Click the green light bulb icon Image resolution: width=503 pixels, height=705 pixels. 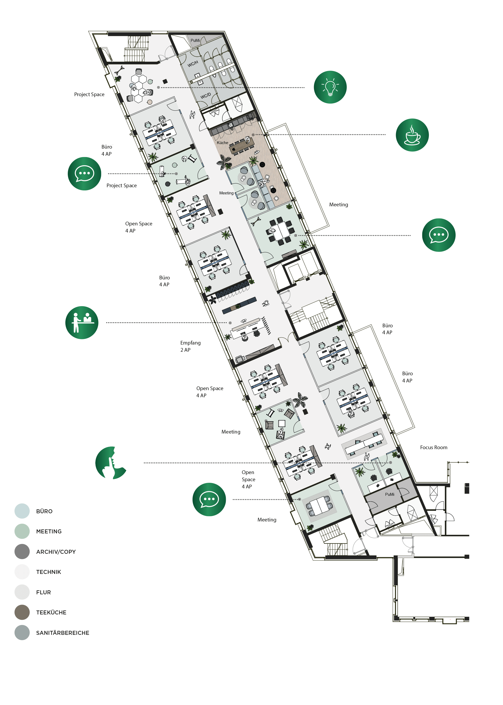(x=330, y=87)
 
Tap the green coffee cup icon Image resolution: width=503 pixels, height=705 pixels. (x=412, y=135)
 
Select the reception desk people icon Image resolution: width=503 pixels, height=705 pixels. (x=82, y=323)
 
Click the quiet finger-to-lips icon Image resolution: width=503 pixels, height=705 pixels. (x=111, y=462)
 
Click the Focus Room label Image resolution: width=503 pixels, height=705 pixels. (x=434, y=447)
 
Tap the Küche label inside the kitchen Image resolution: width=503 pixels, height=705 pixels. (x=222, y=143)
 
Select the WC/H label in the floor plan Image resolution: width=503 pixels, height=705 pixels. (x=193, y=64)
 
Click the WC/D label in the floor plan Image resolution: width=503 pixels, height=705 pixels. (x=205, y=96)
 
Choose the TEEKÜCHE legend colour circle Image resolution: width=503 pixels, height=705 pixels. (x=22, y=612)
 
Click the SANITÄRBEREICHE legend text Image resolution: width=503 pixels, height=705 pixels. (x=62, y=633)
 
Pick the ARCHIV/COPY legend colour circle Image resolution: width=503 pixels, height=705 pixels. (x=22, y=551)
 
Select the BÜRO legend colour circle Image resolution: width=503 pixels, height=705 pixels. (x=22, y=511)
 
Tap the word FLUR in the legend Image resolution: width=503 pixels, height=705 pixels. (x=43, y=592)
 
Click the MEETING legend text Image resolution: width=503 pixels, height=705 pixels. (x=49, y=531)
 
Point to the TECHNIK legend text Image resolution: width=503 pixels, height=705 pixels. (x=49, y=572)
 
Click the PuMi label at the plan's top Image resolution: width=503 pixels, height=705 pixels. (x=195, y=40)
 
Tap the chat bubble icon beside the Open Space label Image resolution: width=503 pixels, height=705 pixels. (x=209, y=499)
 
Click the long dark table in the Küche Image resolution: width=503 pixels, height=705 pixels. (x=242, y=146)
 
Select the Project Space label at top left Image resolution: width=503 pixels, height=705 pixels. (x=89, y=95)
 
